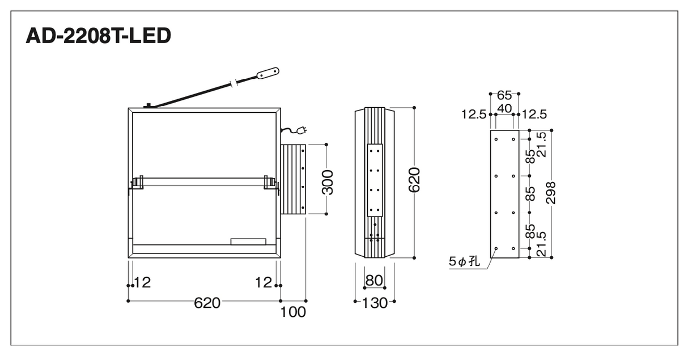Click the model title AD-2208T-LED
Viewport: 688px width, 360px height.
98,36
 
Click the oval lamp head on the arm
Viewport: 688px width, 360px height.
268,74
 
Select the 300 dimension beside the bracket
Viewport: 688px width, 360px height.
328,183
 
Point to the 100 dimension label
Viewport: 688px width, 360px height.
293,312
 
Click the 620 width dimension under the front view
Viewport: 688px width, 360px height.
207,303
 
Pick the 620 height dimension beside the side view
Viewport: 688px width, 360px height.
414,180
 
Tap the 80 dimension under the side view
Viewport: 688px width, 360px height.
375,281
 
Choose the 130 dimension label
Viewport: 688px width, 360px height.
375,303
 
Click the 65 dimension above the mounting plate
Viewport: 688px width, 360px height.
504,96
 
